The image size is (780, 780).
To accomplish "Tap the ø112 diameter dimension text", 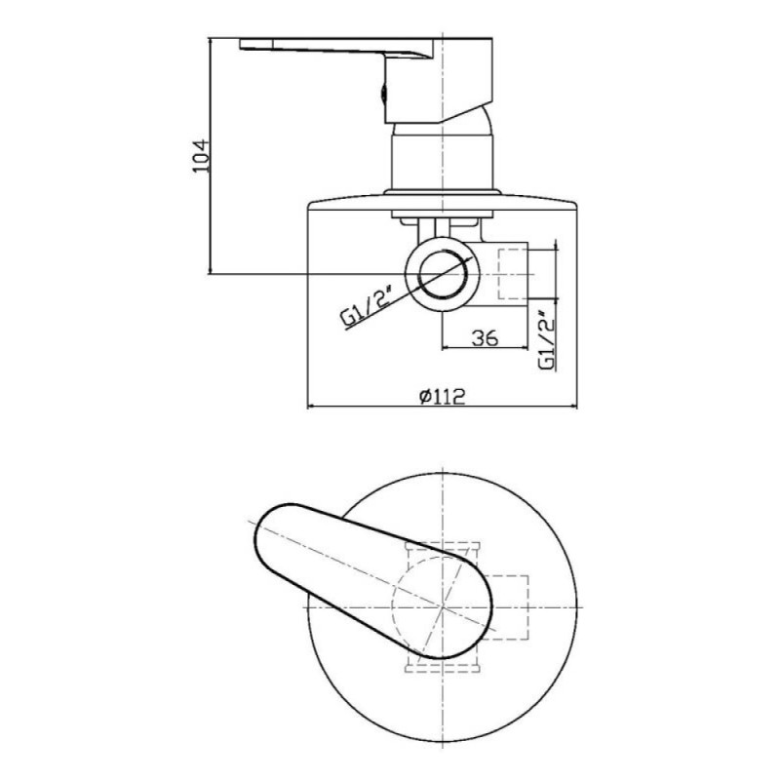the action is click(443, 397).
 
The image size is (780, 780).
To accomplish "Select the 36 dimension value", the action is click(484, 337).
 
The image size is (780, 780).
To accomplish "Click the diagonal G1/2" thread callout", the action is click(369, 306).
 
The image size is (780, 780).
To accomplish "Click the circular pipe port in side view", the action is click(443, 274).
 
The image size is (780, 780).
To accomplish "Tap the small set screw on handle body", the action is click(383, 94).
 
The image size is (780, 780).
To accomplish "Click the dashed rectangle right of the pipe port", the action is click(513, 274).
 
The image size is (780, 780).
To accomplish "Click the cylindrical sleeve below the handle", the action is click(443, 162).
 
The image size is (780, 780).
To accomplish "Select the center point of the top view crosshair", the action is click(443, 606).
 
